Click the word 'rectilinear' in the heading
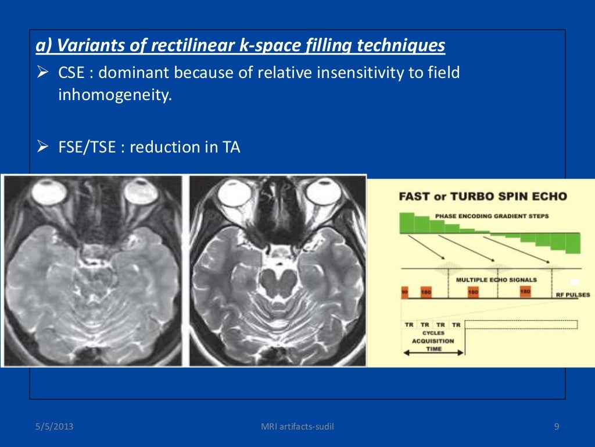pos(192,45)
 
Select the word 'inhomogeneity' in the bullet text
pos(114,95)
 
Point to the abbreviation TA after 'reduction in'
pos(231,147)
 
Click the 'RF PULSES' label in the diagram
pos(573,295)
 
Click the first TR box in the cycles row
pos(408,324)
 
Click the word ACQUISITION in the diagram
pos(433,340)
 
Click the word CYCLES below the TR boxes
pos(433,333)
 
